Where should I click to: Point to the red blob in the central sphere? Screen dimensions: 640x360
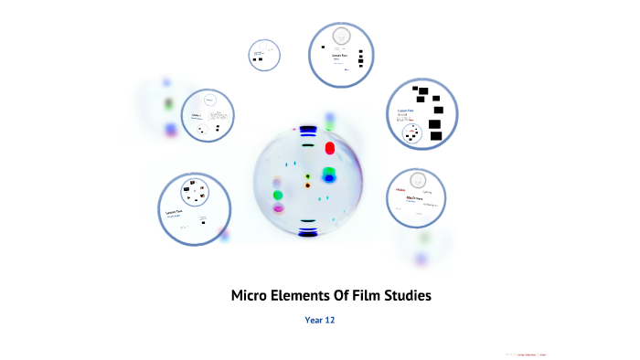[330, 143]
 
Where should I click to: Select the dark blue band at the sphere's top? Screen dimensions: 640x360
[307, 130]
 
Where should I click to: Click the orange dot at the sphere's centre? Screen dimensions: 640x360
[308, 185]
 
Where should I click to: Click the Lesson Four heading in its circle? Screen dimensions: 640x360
[339, 55]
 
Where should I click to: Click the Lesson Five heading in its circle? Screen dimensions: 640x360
[405, 111]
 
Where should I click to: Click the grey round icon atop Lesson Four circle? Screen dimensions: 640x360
[342, 36]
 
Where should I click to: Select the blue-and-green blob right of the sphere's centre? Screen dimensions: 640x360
[329, 174]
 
